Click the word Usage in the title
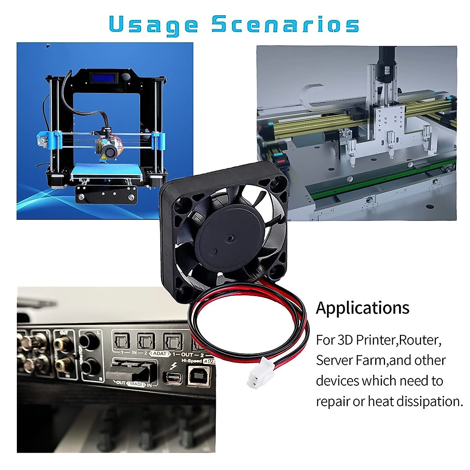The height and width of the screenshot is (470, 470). coord(153,25)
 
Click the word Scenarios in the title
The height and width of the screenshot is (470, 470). coord(285,24)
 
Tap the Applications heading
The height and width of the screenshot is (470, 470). coord(363,308)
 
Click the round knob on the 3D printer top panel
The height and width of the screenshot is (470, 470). coord(126,77)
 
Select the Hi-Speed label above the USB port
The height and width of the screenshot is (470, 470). coord(192,361)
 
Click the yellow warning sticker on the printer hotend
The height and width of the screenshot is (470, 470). coord(103,157)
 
